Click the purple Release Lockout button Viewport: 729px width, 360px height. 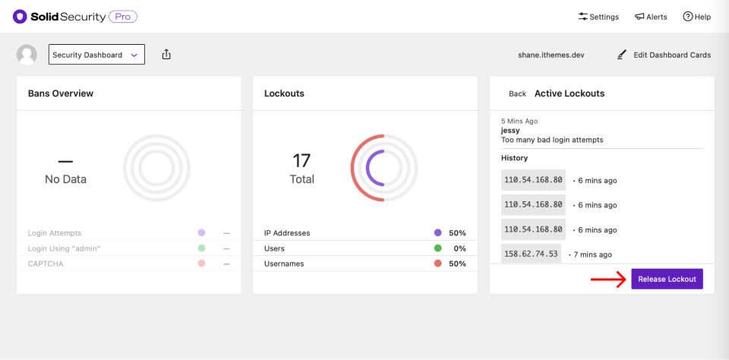tap(667, 279)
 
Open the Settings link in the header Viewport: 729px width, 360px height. tap(598, 17)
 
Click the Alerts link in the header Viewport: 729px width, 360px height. tap(651, 17)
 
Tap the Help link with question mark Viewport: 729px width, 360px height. tap(696, 17)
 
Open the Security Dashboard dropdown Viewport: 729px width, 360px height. tap(96, 55)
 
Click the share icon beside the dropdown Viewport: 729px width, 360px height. tap(166, 55)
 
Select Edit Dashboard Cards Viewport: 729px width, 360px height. tap(664, 55)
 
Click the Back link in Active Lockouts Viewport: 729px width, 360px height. tap(517, 93)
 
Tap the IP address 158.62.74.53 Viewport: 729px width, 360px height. tap(531, 254)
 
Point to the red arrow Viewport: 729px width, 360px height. tap(608, 279)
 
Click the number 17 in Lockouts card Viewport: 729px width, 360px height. tap(301, 161)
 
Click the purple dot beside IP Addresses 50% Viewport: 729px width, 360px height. tap(437, 232)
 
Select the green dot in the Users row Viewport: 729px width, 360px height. tap(437, 248)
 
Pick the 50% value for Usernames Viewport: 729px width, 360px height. tap(457, 264)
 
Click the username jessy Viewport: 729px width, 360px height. tap(510, 130)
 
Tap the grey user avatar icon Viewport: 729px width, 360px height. tap(27, 55)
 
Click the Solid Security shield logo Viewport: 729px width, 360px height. tap(20, 17)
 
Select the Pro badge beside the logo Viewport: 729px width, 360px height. tap(123, 17)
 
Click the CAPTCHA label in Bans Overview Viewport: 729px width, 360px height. tap(46, 264)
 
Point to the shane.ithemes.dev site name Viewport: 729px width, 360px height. tap(551, 55)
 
